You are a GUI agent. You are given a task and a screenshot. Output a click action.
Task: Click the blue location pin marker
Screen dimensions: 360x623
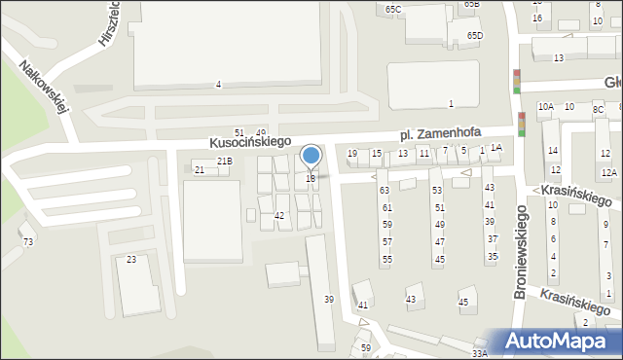pyautogui.click(x=311, y=156)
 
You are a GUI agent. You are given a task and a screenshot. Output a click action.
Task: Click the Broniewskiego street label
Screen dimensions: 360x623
pyautogui.click(x=520, y=251)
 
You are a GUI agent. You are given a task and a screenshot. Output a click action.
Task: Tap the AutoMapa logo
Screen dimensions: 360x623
pyautogui.click(x=559, y=342)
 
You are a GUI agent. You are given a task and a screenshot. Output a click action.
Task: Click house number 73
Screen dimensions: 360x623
pyautogui.click(x=28, y=241)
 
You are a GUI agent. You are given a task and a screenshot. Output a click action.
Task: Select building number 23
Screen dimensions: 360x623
pyautogui.click(x=131, y=260)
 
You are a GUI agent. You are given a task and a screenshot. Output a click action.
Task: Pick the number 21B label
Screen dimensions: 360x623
pyautogui.click(x=225, y=161)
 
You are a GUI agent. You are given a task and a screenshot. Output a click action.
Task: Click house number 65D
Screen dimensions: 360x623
pyautogui.click(x=474, y=36)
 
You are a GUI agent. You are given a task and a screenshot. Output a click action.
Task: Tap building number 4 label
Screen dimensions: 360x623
pyautogui.click(x=218, y=85)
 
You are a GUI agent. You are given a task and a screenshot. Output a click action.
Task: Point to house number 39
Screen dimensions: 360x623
pyautogui.click(x=329, y=299)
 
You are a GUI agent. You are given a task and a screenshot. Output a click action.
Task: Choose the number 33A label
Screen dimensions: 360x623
pyautogui.click(x=480, y=353)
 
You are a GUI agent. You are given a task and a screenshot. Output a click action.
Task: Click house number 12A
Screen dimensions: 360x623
pyautogui.click(x=608, y=173)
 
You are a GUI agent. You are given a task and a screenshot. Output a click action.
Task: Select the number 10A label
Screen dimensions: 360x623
pyautogui.click(x=546, y=107)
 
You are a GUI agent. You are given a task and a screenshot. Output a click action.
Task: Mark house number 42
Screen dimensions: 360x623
pyautogui.click(x=279, y=215)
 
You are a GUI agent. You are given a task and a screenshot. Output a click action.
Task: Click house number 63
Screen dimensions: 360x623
pyautogui.click(x=385, y=191)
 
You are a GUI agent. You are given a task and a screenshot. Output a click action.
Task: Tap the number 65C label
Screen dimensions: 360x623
pyautogui.click(x=392, y=10)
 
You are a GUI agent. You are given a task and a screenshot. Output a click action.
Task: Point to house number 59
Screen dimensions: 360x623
pyautogui.click(x=366, y=347)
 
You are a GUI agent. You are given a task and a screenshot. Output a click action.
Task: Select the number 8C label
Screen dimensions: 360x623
pyautogui.click(x=599, y=110)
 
